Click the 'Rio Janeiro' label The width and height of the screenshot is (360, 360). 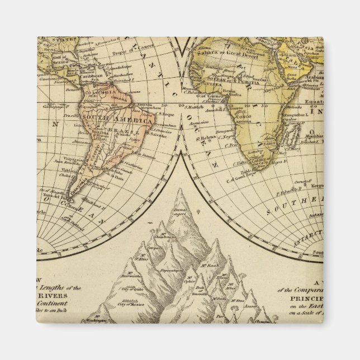click(141, 157)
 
